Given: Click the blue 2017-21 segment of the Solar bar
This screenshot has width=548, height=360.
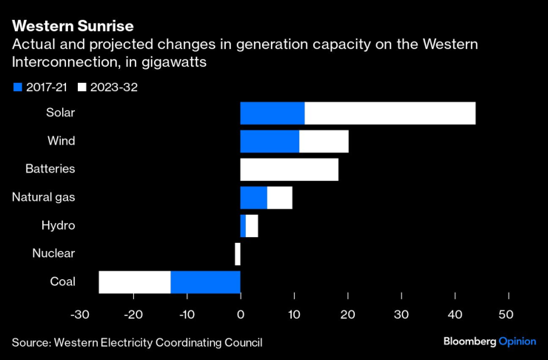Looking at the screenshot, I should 272,113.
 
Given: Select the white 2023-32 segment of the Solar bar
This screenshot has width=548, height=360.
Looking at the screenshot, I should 390,113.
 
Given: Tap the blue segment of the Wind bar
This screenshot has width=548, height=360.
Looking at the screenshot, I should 270,141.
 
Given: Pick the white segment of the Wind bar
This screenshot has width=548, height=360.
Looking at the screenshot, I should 324,141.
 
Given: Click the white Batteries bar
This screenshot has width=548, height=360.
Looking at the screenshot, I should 289,170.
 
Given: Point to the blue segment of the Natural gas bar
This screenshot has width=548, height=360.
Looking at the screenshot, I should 253,198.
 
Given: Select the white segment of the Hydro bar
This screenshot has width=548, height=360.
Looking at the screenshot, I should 252,226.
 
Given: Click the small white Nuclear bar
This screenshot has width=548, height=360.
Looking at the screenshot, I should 238,254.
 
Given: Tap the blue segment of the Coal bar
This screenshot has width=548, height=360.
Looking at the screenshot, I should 205,282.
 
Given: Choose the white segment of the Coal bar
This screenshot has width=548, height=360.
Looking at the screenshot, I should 135,282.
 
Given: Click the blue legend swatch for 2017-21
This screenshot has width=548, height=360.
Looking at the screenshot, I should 18,87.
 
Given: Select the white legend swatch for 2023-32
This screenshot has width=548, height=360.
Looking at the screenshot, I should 82,87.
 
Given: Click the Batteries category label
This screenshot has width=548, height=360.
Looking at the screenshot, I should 50,169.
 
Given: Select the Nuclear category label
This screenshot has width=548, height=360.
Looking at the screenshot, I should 53,253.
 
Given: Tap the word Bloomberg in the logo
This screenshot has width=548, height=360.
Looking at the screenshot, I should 470,342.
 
